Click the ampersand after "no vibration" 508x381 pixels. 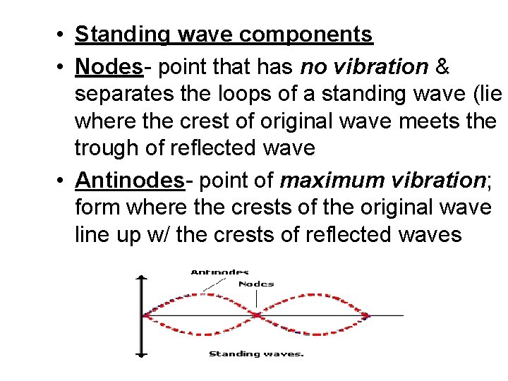coord(443,67)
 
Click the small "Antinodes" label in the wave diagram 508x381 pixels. coord(219,272)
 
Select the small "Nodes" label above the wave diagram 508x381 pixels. coord(256,284)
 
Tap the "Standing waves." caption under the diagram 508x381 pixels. coord(256,353)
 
